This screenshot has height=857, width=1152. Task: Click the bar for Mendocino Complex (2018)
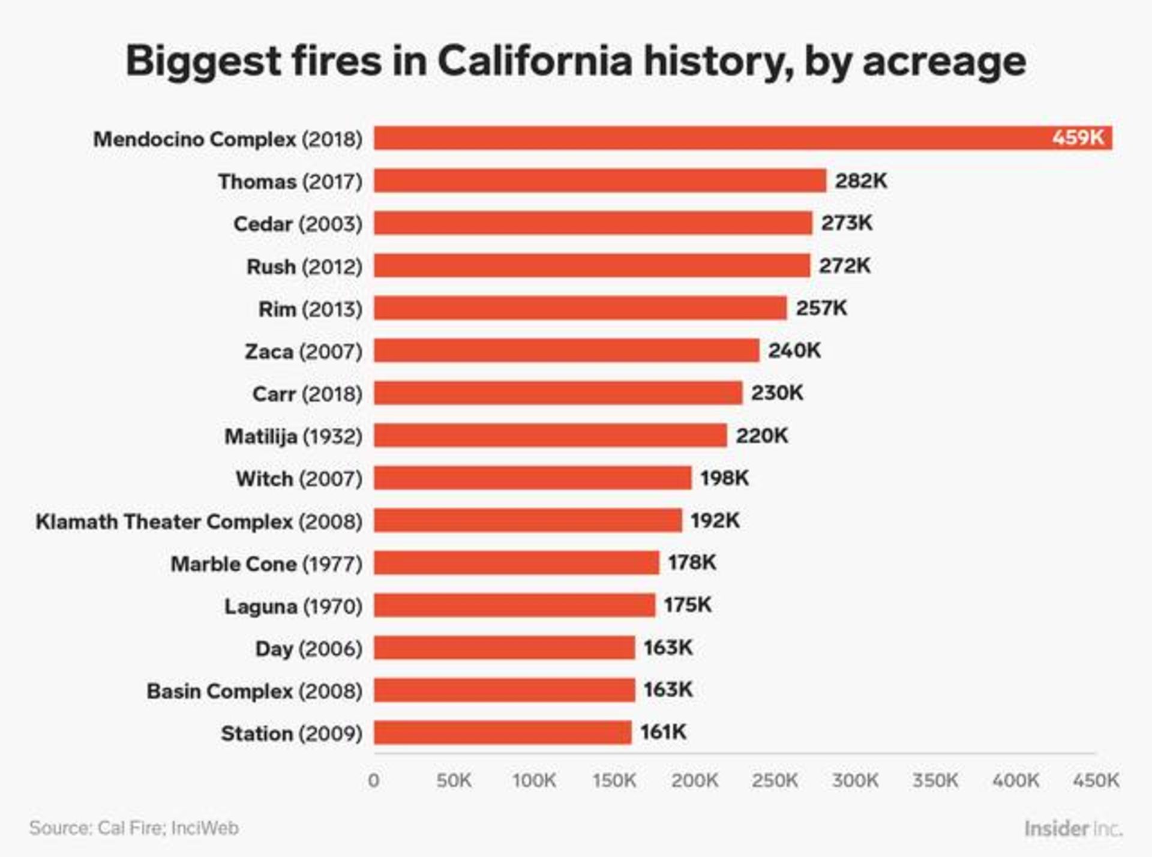pos(708,138)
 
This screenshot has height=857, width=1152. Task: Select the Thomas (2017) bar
pos(600,181)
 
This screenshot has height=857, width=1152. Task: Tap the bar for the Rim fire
pos(580,308)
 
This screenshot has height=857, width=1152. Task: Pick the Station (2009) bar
pos(503,732)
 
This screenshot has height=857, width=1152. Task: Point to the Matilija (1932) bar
pos(550,435)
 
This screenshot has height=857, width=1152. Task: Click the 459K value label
pos(1078,138)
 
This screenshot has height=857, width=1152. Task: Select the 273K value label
pos(847,223)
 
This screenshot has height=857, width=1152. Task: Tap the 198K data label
pos(724,478)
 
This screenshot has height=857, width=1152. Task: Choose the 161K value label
pos(663,732)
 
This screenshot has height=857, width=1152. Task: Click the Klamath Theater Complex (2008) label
pos(199,521)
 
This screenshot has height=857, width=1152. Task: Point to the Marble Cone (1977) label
pos(266,564)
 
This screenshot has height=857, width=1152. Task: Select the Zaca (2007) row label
pos(304,351)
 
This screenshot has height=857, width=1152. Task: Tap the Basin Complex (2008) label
pos(254,691)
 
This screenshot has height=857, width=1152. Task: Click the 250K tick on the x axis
pos(775,780)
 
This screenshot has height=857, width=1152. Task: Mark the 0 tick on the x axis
pos(373,780)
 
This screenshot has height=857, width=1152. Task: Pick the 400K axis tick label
pos(1015,780)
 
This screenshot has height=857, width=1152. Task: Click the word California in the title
pos(535,61)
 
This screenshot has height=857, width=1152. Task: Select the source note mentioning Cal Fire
pos(134,828)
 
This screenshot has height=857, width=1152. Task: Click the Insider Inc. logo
pos(1073,829)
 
